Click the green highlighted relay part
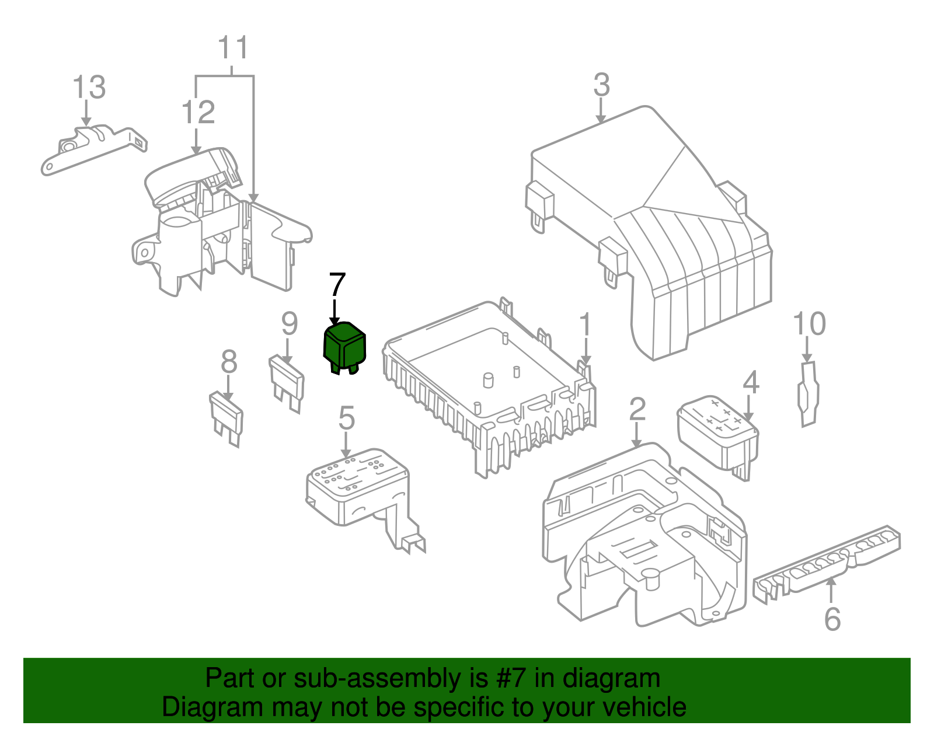[344, 348]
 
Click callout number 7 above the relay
[337, 284]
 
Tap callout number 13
[89, 87]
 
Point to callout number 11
[233, 47]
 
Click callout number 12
[198, 113]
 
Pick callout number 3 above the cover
[601, 85]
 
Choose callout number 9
[290, 323]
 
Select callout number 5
[346, 417]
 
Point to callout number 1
[585, 325]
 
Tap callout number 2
[637, 409]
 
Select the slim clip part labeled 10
[808, 394]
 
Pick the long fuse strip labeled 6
[827, 566]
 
